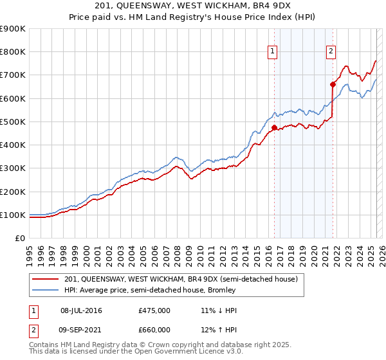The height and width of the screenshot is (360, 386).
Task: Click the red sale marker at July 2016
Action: point(274,127)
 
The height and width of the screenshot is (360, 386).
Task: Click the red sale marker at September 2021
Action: point(333,84)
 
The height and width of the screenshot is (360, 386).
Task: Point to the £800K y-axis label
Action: point(13,51)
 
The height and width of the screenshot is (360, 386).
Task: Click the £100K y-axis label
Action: point(13,215)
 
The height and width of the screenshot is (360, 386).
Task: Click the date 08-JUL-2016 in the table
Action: point(81,311)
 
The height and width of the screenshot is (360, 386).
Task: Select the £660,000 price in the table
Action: point(154,330)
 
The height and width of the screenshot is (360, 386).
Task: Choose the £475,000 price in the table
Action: point(154,311)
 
